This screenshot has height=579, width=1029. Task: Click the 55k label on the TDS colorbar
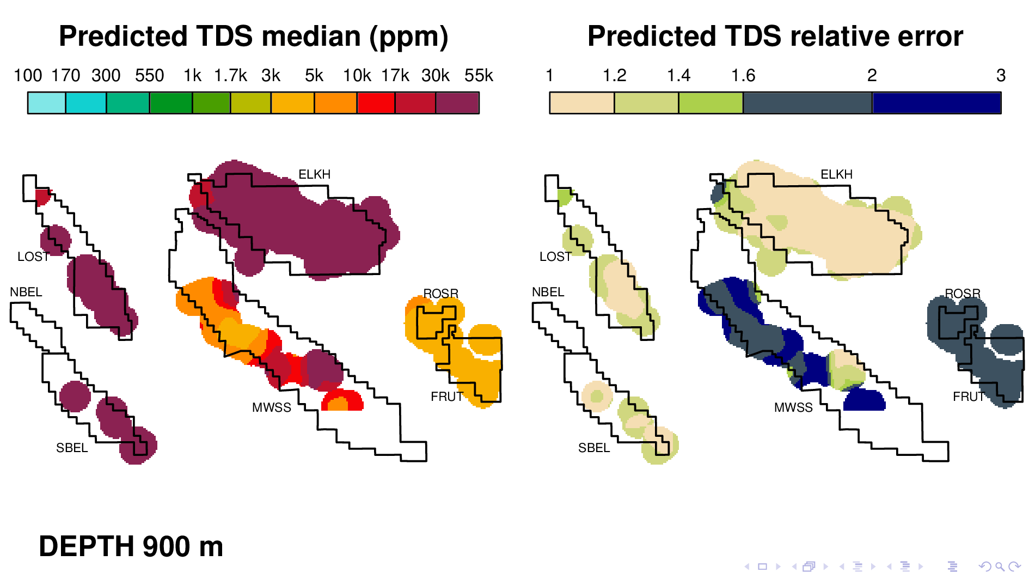tap(479, 75)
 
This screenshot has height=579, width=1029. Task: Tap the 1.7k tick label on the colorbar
tap(230, 75)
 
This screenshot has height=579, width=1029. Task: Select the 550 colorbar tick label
tap(149, 75)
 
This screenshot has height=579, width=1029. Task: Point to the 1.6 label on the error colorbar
tap(743, 75)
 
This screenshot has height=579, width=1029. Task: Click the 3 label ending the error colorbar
tap(1001, 75)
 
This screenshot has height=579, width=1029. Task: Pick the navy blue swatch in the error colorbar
tap(936, 103)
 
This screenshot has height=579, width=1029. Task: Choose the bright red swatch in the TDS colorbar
tap(376, 103)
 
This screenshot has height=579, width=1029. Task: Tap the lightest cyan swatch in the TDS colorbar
tap(47, 103)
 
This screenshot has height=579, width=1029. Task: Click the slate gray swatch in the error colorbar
tap(807, 103)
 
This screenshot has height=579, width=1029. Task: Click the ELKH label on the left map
tap(314, 174)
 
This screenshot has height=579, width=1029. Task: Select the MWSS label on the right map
tap(793, 407)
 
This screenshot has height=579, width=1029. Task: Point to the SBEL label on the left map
tap(72, 448)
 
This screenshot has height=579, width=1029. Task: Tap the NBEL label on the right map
tap(548, 292)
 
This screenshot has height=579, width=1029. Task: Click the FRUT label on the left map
tap(446, 397)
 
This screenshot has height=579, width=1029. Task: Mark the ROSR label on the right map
tap(963, 294)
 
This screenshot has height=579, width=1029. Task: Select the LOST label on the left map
tap(33, 257)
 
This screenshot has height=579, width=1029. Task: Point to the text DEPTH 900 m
tap(131, 546)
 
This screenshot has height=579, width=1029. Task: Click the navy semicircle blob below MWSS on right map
tap(864, 401)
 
